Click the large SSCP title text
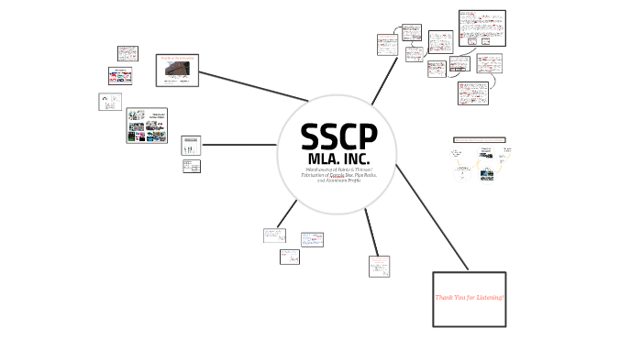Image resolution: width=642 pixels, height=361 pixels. [x=338, y=137]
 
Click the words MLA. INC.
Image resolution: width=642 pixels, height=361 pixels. [x=338, y=159]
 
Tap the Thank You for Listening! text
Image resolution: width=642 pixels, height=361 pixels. [x=469, y=299]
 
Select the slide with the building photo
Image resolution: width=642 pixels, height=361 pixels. [x=178, y=70]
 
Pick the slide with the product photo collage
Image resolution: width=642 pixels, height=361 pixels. [x=147, y=125]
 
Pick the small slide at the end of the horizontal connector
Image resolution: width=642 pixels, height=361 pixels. [x=192, y=145]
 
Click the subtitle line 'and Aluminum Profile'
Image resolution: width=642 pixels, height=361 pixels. [x=338, y=181]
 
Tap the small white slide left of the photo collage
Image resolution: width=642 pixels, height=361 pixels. [x=109, y=102]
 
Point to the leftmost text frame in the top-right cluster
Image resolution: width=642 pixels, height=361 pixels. [x=385, y=46]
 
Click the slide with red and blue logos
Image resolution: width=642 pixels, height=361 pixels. [x=121, y=75]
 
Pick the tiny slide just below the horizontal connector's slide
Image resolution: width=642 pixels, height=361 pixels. [x=191, y=166]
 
